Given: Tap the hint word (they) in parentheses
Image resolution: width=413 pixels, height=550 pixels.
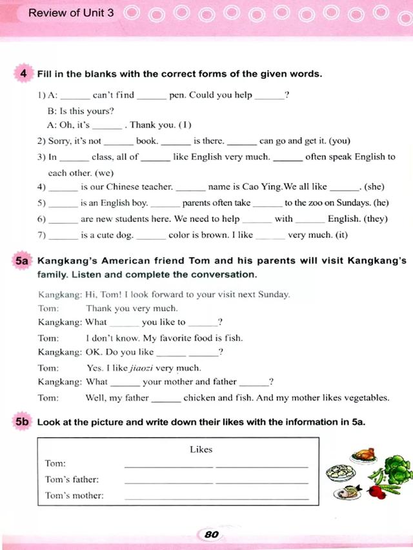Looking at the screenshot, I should pyautogui.click(x=376, y=219).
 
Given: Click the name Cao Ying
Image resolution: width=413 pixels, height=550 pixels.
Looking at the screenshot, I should pyautogui.click(x=263, y=187).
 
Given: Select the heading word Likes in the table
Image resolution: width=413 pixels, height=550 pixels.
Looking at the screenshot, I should pyautogui.click(x=201, y=449).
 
